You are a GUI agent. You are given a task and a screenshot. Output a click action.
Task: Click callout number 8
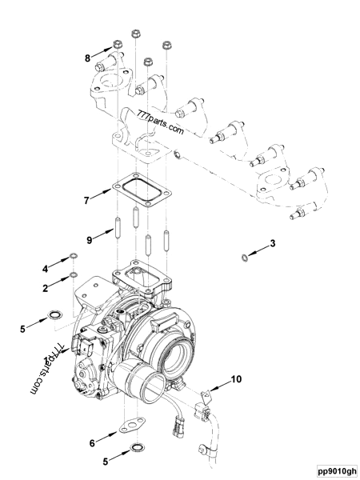(x=89, y=58)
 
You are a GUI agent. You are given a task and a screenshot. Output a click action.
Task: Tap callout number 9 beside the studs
(x=90, y=238)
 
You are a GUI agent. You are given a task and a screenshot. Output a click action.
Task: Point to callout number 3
(x=273, y=243)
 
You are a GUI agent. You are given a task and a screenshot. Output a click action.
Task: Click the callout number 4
(x=46, y=267)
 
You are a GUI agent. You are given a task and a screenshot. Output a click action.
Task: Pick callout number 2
(x=46, y=285)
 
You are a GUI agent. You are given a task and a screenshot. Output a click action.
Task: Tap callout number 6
(x=93, y=442)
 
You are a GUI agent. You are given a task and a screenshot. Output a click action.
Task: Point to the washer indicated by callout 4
(x=74, y=256)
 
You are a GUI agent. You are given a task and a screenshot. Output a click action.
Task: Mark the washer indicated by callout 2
(x=74, y=276)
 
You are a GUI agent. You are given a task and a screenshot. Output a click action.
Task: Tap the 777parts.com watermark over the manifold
(x=160, y=122)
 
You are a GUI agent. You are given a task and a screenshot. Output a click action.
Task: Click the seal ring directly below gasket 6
(x=138, y=446)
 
